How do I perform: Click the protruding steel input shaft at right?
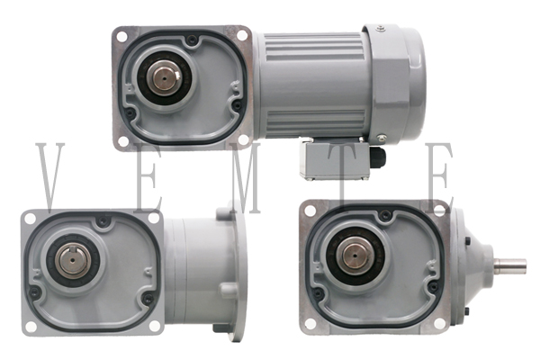tap(510, 265)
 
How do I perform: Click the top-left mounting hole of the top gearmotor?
tap(121, 36)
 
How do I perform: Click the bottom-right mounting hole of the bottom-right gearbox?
tap(440, 321)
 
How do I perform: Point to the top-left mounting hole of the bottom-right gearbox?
tap(310, 211)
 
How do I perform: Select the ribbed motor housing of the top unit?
tap(310, 83)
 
